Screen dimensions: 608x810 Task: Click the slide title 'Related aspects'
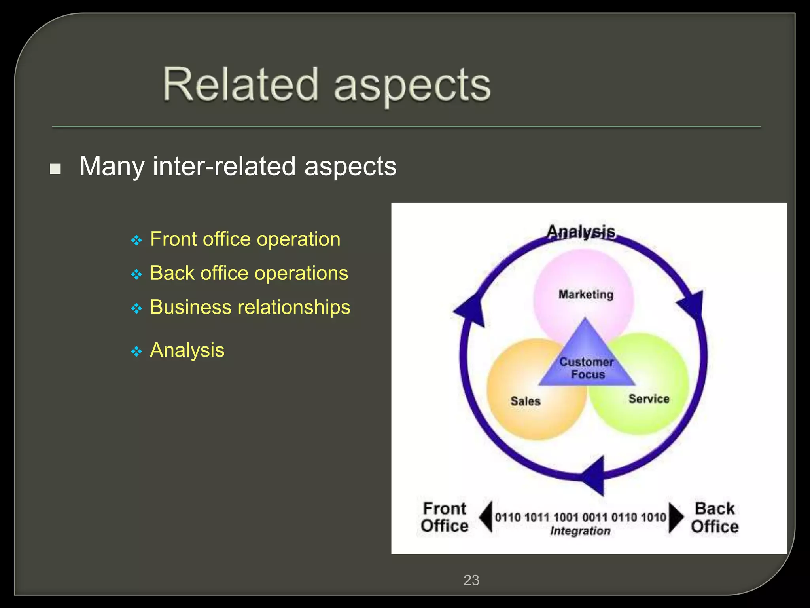click(x=327, y=85)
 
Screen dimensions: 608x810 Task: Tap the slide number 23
click(x=471, y=580)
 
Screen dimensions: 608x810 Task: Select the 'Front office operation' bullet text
click(x=245, y=239)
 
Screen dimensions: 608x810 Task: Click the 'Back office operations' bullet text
click(x=249, y=273)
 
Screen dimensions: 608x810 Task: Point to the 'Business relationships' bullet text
click(x=250, y=307)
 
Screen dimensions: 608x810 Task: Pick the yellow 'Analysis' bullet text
click(x=187, y=350)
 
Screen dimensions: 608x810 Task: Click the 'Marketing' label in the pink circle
click(x=586, y=294)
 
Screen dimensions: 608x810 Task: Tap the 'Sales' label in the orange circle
click(x=525, y=401)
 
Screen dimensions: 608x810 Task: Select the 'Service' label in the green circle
click(x=649, y=399)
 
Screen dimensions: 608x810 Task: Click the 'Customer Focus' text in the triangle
click(x=587, y=368)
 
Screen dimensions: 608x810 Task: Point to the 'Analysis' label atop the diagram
click(x=581, y=232)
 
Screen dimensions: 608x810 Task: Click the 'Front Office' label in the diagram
click(x=445, y=517)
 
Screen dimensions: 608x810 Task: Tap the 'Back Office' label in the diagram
click(x=715, y=517)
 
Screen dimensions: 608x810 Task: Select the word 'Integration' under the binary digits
click(x=580, y=531)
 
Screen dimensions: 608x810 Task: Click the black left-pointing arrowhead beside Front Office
click(x=486, y=517)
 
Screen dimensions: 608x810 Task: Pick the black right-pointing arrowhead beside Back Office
click(x=676, y=517)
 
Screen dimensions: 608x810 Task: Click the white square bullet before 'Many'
click(x=55, y=169)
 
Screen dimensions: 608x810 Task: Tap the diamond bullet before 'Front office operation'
click(x=136, y=240)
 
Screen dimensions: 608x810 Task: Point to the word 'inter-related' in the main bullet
click(x=224, y=166)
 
